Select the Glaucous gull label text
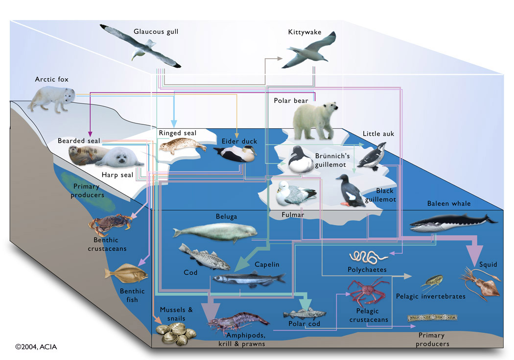click(x=156, y=32)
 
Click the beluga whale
click(x=215, y=231)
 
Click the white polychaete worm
click(x=368, y=256)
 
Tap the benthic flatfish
click(x=125, y=275)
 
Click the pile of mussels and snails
click(x=176, y=335)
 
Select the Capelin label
click(x=267, y=264)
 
